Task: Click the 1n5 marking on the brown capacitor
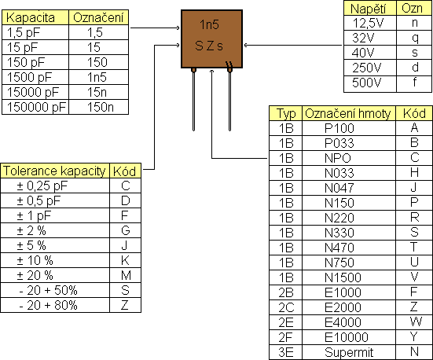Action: click(x=209, y=25)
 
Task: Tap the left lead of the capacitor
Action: click(x=193, y=99)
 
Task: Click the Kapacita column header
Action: click(x=31, y=17)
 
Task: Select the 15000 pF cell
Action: click(x=32, y=92)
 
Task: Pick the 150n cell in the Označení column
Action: click(x=101, y=107)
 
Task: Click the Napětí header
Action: click(x=369, y=9)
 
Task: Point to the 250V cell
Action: click(x=366, y=68)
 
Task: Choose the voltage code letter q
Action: click(x=415, y=39)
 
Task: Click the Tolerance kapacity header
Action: click(x=54, y=171)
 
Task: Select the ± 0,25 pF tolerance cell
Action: click(x=42, y=186)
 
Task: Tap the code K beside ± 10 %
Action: click(x=126, y=260)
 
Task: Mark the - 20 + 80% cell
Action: click(x=48, y=305)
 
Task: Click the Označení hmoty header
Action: click(x=348, y=113)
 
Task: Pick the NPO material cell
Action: click(x=338, y=158)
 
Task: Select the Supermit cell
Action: click(x=349, y=352)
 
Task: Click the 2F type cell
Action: click(x=286, y=337)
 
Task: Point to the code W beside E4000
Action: click(x=416, y=321)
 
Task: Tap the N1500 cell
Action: click(x=343, y=277)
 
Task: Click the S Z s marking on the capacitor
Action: click(x=209, y=46)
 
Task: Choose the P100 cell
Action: click(x=339, y=128)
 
